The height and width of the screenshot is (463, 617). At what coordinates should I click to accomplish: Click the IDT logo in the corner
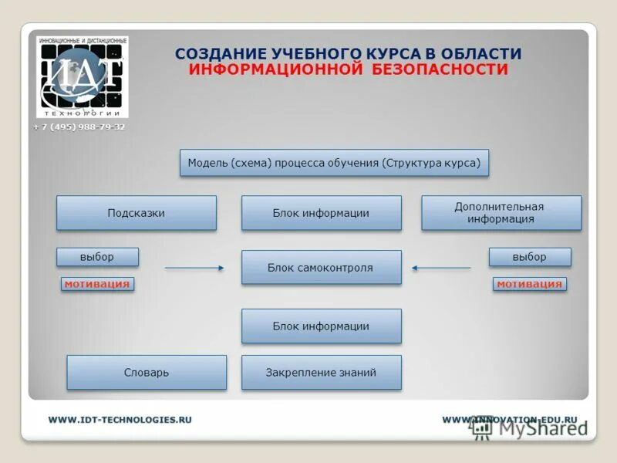coord(83,77)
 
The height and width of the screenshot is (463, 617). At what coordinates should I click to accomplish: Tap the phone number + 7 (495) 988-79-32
coord(79,127)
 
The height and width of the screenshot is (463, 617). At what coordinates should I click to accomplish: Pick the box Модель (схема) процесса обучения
coord(334,163)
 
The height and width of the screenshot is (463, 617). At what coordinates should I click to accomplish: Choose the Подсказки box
coord(136,213)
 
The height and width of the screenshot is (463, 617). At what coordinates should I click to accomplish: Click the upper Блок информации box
coord(321,213)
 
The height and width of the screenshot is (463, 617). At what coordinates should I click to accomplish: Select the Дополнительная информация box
coord(501,213)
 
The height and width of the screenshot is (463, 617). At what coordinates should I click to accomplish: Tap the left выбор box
coord(97,257)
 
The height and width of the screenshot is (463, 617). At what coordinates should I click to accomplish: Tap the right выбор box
coord(529,257)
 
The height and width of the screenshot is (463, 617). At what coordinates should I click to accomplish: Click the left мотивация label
coord(97,284)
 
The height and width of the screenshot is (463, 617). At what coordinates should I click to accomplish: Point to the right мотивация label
coord(529,284)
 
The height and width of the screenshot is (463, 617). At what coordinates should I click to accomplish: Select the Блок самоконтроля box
coord(321,268)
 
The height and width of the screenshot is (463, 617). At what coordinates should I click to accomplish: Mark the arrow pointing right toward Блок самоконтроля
coord(194,268)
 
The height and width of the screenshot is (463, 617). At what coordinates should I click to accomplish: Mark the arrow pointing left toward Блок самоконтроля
coord(441,268)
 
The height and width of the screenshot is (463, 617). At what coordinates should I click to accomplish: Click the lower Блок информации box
coord(321,326)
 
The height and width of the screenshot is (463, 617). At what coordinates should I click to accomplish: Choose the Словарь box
coord(147,373)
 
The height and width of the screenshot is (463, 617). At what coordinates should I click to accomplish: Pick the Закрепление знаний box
coord(321,373)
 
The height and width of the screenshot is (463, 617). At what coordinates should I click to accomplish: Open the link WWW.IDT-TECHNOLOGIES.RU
coord(120,420)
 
